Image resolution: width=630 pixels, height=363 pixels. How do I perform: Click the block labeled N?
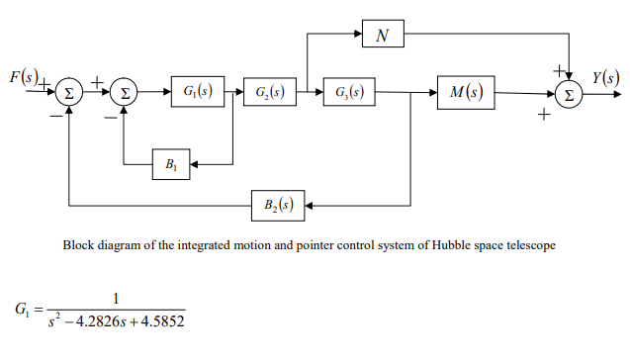(382, 36)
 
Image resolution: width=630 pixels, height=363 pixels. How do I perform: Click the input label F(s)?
(23, 77)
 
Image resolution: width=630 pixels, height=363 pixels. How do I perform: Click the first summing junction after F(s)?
(68, 95)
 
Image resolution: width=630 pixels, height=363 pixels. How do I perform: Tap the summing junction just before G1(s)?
(124, 95)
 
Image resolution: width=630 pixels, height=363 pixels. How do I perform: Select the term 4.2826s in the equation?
(93, 322)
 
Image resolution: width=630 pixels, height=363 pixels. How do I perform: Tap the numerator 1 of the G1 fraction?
(116, 298)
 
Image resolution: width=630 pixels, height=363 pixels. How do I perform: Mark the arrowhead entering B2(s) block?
(308, 206)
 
